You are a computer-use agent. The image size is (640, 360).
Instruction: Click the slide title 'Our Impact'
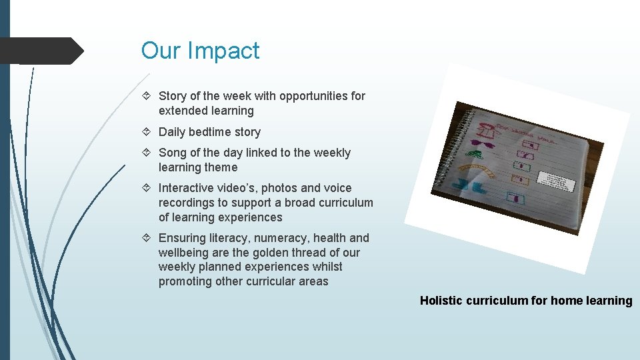click(200, 51)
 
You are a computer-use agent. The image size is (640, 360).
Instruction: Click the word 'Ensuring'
click(182, 238)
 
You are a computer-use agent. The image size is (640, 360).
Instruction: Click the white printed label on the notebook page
click(555, 181)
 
